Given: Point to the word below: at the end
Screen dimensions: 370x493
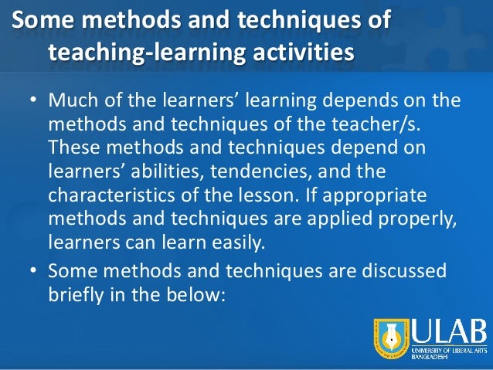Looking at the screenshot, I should [x=195, y=293].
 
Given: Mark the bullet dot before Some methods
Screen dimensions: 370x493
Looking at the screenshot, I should [x=34, y=272].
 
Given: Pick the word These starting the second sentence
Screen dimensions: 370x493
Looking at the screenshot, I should [x=73, y=147].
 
